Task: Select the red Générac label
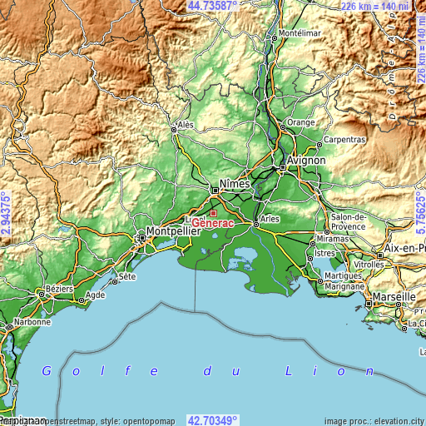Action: (x=213, y=223)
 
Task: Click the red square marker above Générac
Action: (x=212, y=213)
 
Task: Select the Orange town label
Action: (x=300, y=122)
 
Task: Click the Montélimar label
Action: (x=299, y=33)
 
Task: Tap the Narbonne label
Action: (x=31, y=321)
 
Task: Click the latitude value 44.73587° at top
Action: (x=213, y=6)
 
